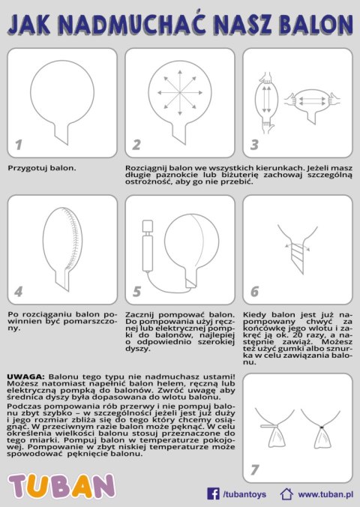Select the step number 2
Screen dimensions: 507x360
tap(137, 145)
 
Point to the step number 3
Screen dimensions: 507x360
tap(255, 145)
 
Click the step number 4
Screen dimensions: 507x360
tap(19, 292)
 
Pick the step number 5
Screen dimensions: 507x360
tap(137, 292)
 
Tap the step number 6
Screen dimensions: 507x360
tap(255, 292)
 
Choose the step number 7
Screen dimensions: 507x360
tap(255, 470)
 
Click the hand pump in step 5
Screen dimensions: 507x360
tap(148, 247)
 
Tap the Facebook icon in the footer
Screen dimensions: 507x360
tap(213, 493)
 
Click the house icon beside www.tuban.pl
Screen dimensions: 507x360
tap(286, 493)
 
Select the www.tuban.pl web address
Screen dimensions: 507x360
tap(325, 494)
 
